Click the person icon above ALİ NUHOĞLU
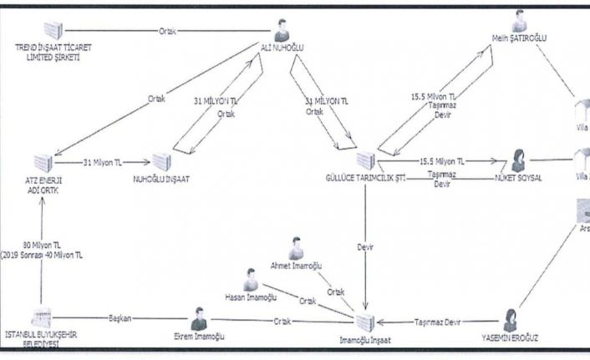coord(282,30)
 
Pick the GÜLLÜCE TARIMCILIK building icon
coord(365,160)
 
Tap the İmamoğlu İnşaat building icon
coord(363,322)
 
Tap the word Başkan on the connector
coord(122,319)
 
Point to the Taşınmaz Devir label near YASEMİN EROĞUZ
coord(440,321)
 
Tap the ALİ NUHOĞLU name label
coord(282,48)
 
